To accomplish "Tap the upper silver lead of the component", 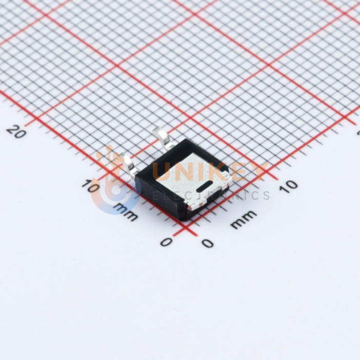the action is click(x=164, y=139).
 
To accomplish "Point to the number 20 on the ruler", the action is click(x=16, y=131).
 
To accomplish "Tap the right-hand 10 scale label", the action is click(x=288, y=187).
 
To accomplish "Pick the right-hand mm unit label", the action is click(x=244, y=219).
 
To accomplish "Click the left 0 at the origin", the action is click(x=166, y=242).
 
